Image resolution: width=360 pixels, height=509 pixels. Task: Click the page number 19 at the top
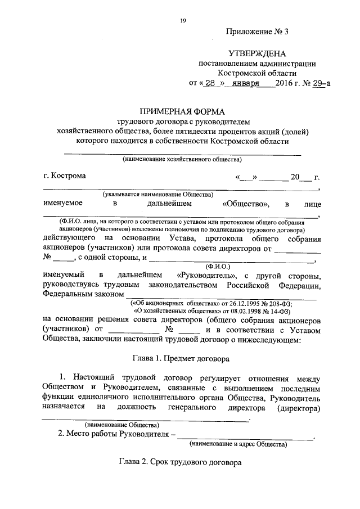click(x=183, y=21)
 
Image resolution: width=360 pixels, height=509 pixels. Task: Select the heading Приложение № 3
click(x=256, y=31)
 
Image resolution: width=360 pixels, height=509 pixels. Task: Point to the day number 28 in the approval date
click(x=210, y=83)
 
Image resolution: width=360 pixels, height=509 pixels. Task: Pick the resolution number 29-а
click(x=319, y=83)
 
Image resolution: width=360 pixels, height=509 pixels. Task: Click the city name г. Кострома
click(x=65, y=175)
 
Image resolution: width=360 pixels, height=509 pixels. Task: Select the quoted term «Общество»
click(x=246, y=204)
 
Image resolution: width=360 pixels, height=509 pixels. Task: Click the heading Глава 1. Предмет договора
click(x=180, y=357)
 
